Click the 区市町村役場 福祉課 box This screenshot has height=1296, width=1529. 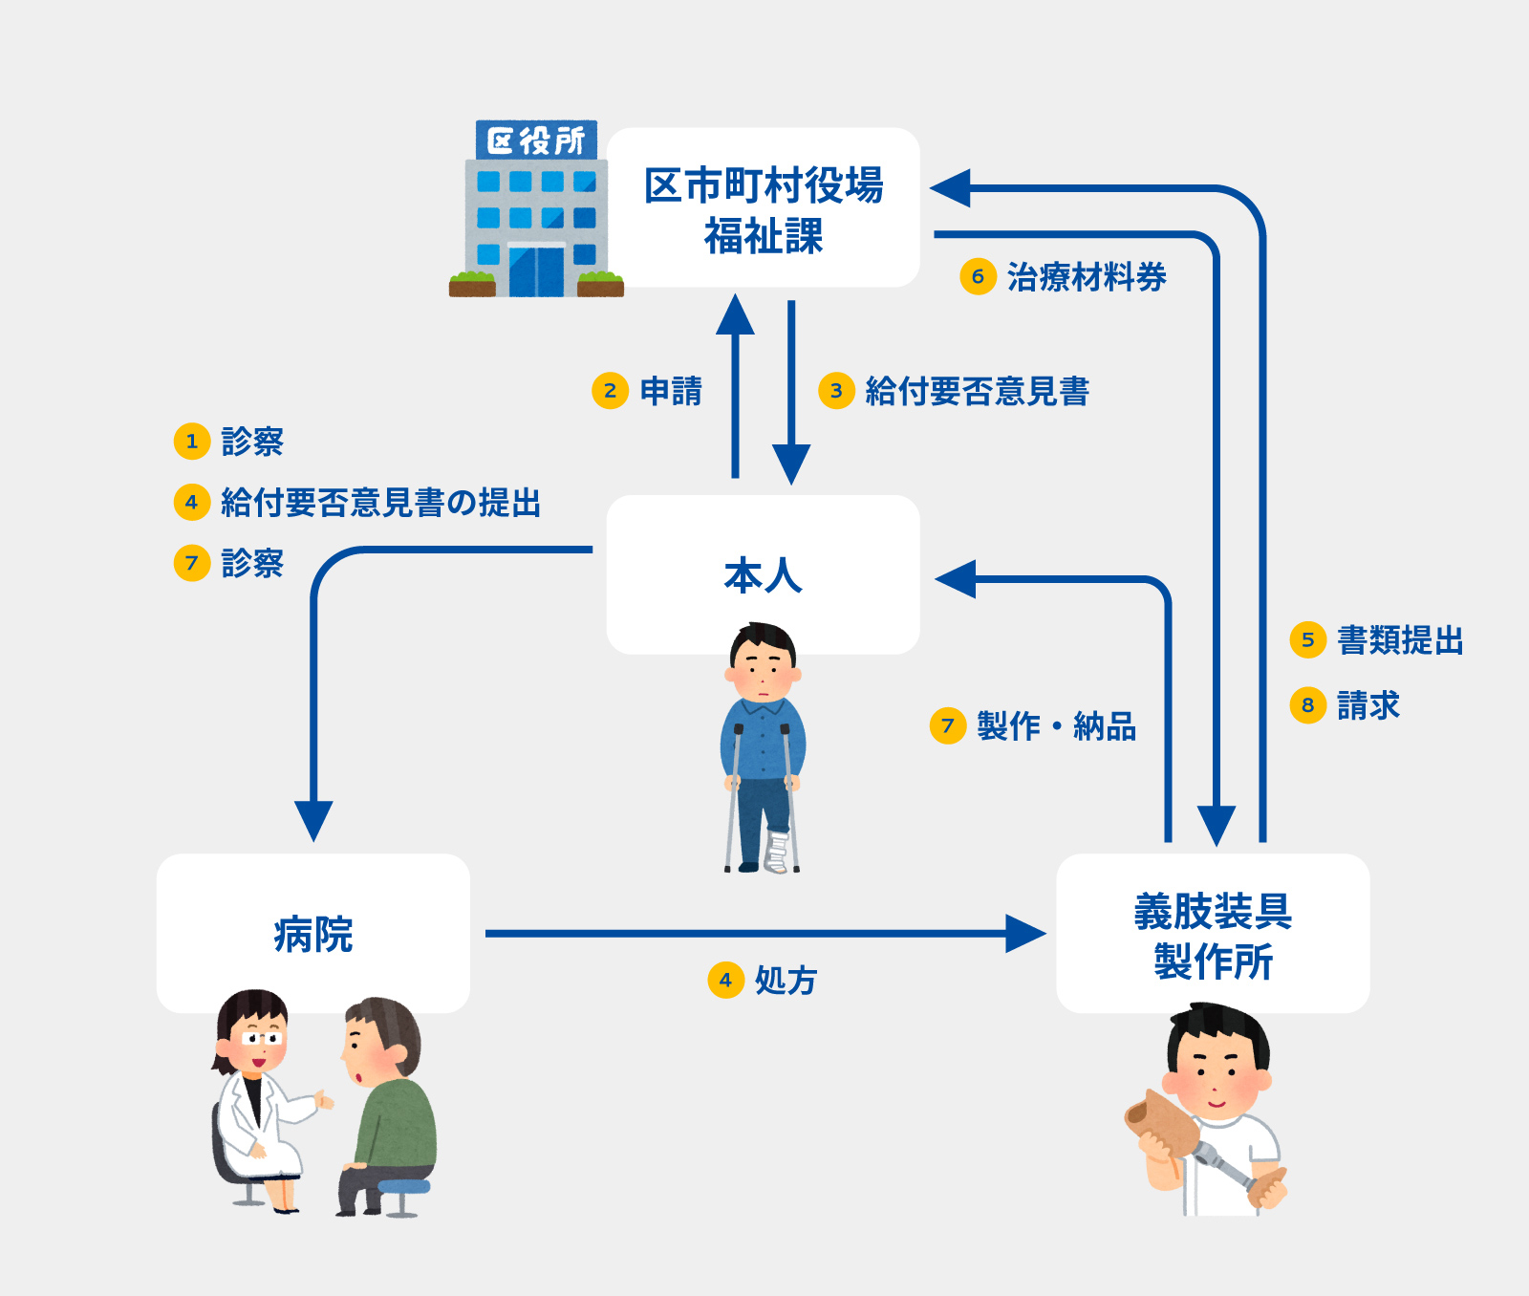pos(763,208)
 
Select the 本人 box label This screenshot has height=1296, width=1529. pos(763,575)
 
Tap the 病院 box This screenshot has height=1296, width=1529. pos(312,934)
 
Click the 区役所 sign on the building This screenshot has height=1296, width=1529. pos(536,140)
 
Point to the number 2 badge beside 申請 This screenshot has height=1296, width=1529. pos(610,390)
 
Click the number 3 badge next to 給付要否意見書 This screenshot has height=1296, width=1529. pos(836,390)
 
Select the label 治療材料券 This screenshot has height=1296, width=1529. pos(1086,277)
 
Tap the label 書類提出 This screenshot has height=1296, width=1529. pos(1400,639)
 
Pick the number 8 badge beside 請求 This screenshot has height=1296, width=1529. pos(1308,705)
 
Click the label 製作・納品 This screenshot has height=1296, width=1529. pos(1056,726)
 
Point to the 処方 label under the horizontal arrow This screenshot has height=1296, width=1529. pos(786,980)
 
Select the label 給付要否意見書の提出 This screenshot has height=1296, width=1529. pos(380,502)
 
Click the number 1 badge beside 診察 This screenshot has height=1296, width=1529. pos(191,441)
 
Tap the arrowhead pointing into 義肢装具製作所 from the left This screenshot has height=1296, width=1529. pos(1027,934)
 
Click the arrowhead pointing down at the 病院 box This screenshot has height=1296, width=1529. pos(313,821)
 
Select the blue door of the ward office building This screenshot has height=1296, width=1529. pos(535,271)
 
